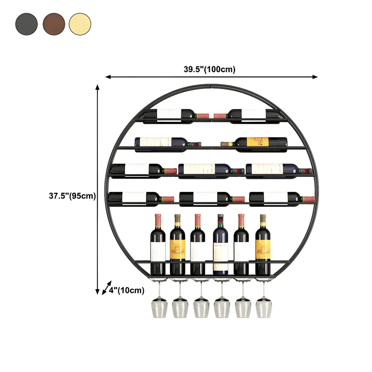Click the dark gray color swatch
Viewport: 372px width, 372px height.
coord(26,24)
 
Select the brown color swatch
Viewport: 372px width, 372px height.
coord(54,24)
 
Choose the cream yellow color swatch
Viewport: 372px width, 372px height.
coord(80,24)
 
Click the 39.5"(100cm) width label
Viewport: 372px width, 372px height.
coord(210,69)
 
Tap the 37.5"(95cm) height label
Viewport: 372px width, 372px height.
coord(72,196)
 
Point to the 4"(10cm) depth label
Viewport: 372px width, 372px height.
coord(127,290)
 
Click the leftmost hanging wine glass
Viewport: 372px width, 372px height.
coord(159,308)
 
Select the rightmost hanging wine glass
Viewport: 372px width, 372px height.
coord(264,308)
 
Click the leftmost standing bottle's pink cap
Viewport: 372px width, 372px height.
coord(158,219)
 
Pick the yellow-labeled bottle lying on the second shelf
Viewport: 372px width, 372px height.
coord(254,143)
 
